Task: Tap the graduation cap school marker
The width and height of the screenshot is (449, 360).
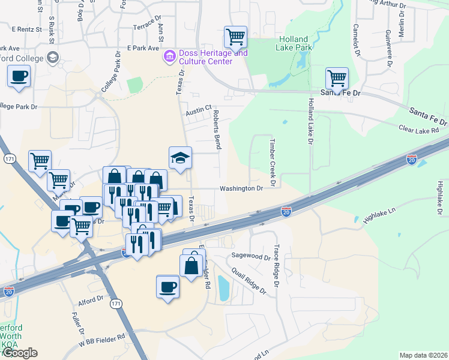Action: pos(180,158)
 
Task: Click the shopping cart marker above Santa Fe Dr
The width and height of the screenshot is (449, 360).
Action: pos(337,79)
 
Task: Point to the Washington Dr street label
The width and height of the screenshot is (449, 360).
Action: pos(241,188)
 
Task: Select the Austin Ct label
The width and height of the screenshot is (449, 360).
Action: pos(199,110)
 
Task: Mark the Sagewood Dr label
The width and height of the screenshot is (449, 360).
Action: pos(251,257)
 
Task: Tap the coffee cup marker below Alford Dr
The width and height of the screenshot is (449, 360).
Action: pos(167,287)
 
